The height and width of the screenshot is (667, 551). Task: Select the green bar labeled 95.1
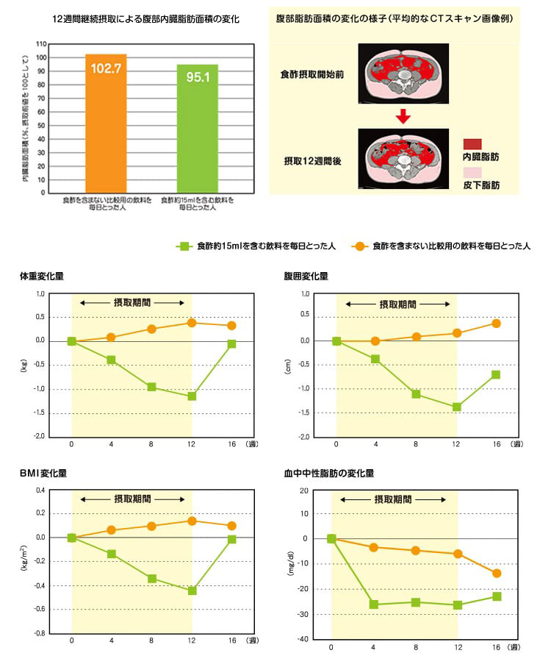pyautogui.click(x=197, y=128)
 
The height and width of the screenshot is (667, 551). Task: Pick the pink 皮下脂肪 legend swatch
pyautogui.click(x=472, y=173)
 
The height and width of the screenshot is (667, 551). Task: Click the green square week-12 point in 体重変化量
pyautogui.click(x=192, y=396)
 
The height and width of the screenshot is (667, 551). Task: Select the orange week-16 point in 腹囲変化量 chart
pyautogui.click(x=496, y=323)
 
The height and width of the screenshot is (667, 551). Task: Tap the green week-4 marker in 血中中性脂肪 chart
pyautogui.click(x=374, y=604)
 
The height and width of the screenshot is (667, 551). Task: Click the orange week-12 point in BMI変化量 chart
pyautogui.click(x=192, y=521)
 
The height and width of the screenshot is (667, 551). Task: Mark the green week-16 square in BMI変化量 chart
pyautogui.click(x=232, y=539)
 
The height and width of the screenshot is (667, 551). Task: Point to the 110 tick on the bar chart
pyautogui.click(x=42, y=44)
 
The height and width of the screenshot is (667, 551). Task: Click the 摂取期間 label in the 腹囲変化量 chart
pyautogui.click(x=397, y=303)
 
